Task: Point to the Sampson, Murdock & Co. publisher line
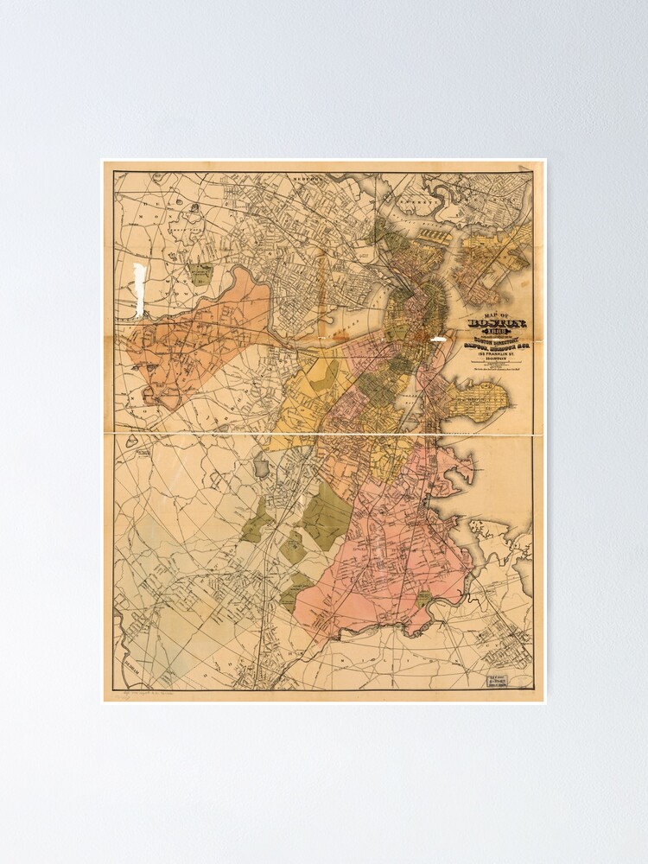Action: coord(489,350)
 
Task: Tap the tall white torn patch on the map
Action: coord(138,284)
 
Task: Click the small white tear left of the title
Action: coord(439,340)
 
